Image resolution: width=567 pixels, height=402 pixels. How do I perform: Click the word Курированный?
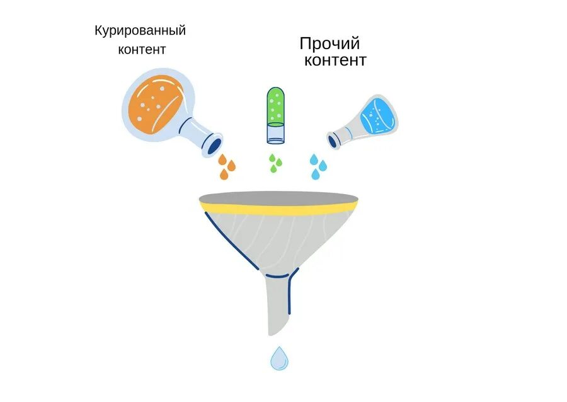[x=140, y=30]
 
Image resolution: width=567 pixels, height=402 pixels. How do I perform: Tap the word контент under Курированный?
[x=142, y=50]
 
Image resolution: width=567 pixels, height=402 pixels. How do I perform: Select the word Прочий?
[x=329, y=44]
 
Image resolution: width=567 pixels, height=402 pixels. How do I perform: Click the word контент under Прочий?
[x=335, y=60]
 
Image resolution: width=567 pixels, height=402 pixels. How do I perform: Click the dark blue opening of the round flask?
[x=214, y=145]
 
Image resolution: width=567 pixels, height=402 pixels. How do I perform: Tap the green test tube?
[x=275, y=107]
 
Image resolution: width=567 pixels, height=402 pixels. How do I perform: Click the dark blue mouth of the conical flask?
[x=333, y=142]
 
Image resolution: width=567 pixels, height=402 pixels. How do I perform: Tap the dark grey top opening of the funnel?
[x=278, y=196]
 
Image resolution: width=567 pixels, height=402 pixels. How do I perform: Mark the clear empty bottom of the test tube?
[x=275, y=133]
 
